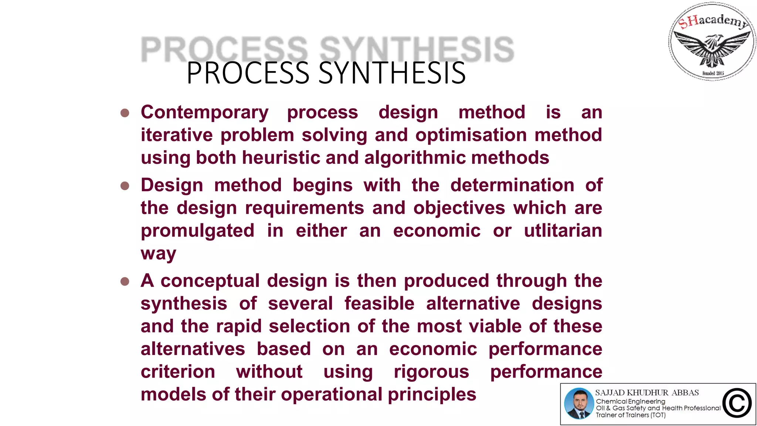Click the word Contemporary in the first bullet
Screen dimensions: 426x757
(204, 112)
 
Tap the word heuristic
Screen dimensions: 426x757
(281, 158)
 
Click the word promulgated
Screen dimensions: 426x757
(197, 231)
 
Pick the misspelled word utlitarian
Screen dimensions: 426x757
(563, 230)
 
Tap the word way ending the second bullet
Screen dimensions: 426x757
(158, 254)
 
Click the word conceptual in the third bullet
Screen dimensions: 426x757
(210, 281)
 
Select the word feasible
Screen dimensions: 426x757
(379, 304)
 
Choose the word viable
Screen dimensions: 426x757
(495, 326)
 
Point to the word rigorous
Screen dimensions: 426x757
(431, 372)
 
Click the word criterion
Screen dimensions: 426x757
(178, 372)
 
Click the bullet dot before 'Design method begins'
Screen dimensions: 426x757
(125, 186)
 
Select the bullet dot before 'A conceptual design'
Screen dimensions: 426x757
(125, 282)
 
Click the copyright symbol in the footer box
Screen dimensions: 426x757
(737, 403)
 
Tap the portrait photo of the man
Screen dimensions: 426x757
(579, 403)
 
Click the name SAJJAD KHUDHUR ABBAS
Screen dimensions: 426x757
(647, 393)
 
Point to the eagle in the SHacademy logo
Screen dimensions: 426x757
(712, 47)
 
